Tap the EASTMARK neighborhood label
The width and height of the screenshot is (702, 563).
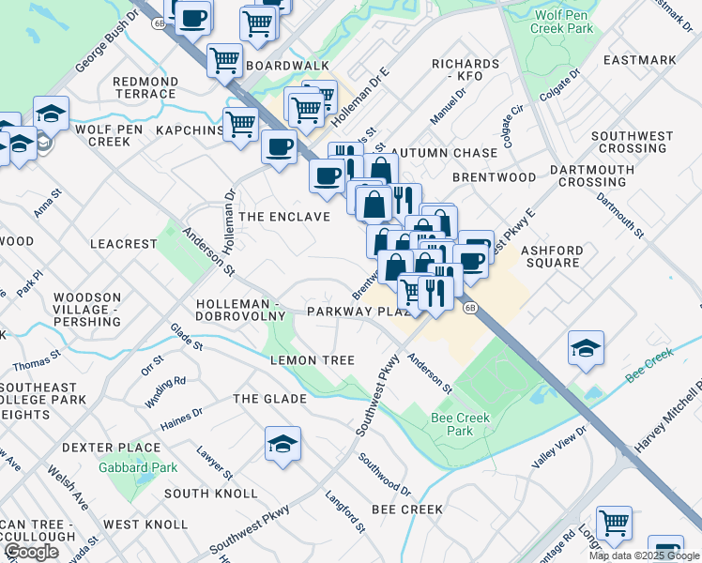pyautogui.click(x=640, y=60)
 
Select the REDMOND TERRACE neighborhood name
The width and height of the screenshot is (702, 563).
pyautogui.click(x=145, y=88)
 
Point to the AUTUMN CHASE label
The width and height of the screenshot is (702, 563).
pyautogui.click(x=444, y=152)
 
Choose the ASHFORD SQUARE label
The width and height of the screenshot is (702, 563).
pyautogui.click(x=551, y=256)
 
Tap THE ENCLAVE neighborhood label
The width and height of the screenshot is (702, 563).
pyautogui.click(x=284, y=217)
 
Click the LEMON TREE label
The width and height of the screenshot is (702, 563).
pyautogui.click(x=313, y=360)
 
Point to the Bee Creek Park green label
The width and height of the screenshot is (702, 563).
pyautogui.click(x=452, y=424)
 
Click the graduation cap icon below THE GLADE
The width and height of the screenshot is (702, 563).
pyautogui.click(x=282, y=445)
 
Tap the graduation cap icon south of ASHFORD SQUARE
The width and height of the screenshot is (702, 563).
pyautogui.click(x=586, y=349)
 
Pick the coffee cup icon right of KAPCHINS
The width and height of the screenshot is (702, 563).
pyautogui.click(x=279, y=147)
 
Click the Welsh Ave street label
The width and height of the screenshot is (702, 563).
pyautogui.click(x=69, y=493)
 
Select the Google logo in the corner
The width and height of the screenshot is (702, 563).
pyautogui.click(x=31, y=552)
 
